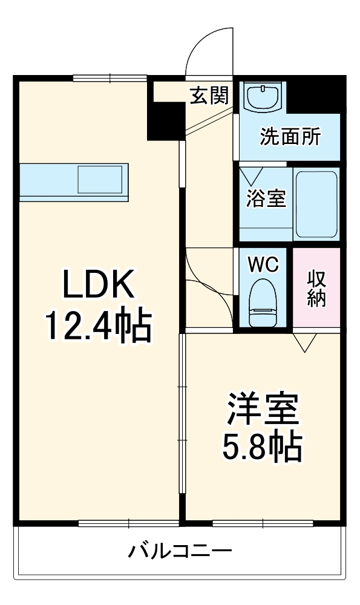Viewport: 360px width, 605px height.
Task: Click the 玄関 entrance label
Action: [209, 95]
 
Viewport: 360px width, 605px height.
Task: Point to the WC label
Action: [264, 264]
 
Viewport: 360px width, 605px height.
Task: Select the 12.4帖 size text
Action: [97, 326]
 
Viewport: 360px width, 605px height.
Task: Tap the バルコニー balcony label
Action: [180, 552]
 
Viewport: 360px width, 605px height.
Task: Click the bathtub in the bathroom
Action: [316, 204]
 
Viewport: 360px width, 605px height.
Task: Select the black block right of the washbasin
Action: [316, 94]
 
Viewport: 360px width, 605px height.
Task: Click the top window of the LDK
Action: [110, 77]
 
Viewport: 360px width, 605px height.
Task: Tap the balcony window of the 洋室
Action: [262, 522]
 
